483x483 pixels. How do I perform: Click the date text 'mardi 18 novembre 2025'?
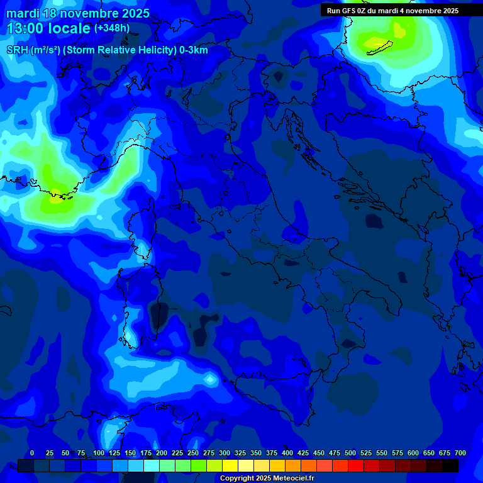point(78,13)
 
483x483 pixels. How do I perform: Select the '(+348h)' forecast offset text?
point(113,28)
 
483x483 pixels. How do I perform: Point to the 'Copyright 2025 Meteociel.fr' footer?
point(267,478)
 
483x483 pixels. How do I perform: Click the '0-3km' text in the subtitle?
point(194,50)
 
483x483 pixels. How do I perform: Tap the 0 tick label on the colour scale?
point(32,453)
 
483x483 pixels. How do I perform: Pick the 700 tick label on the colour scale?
point(460,453)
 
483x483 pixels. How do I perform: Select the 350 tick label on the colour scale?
point(256,453)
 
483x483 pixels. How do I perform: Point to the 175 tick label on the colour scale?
point(146,453)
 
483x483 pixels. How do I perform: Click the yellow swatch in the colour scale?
point(230,465)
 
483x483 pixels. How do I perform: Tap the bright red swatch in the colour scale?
point(356,465)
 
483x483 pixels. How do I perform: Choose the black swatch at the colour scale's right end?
point(450,465)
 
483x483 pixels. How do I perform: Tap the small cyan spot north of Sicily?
point(210,380)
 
